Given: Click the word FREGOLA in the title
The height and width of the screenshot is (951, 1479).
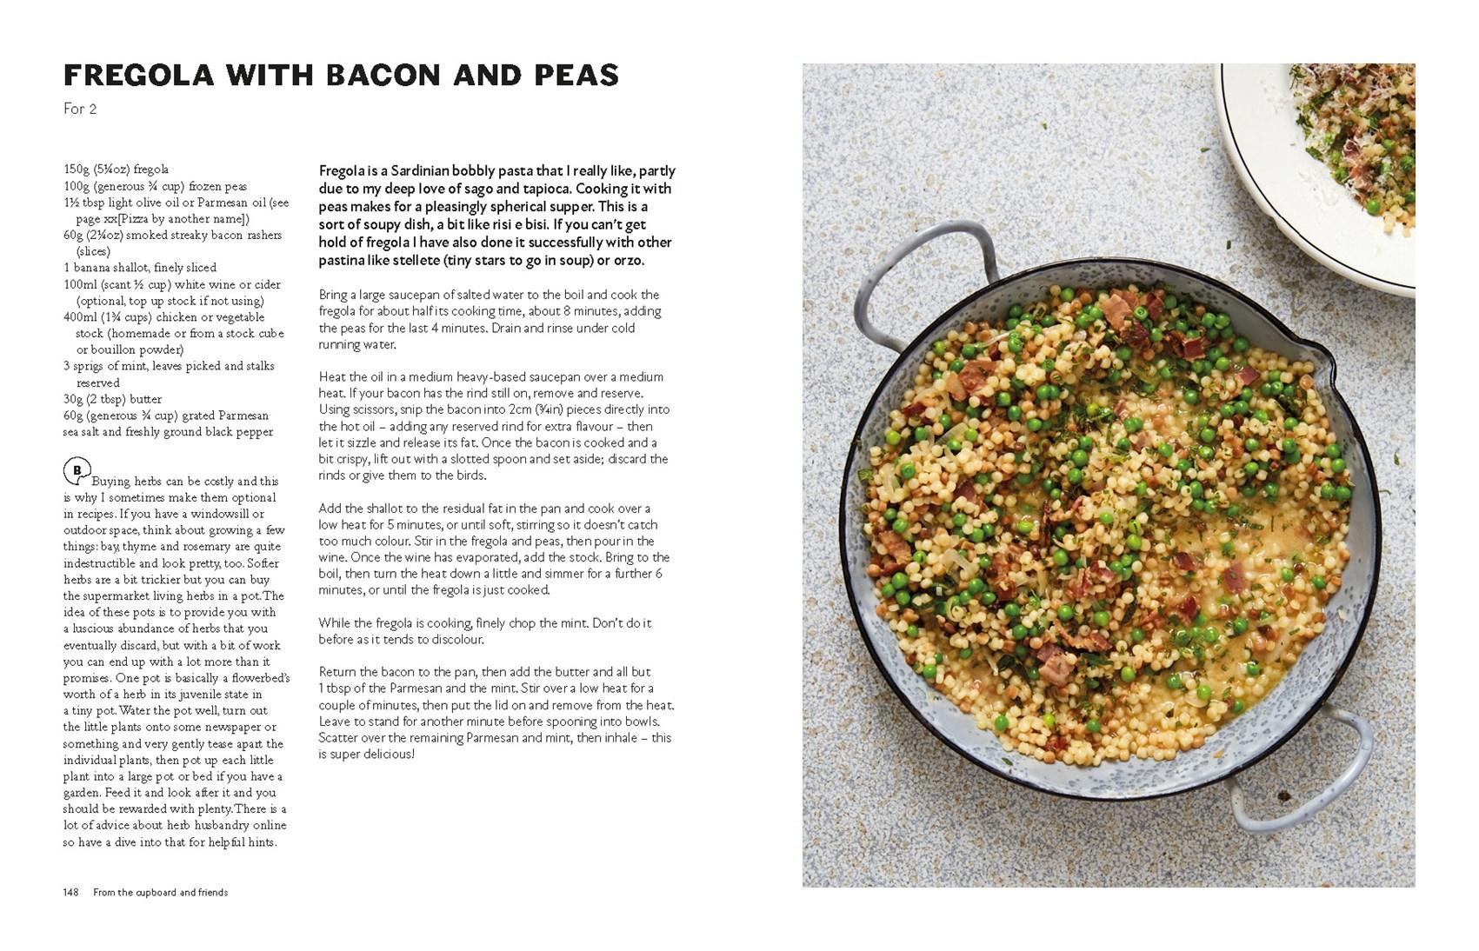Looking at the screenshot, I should [x=138, y=76].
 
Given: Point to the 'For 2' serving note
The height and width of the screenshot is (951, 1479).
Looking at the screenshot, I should [x=80, y=109].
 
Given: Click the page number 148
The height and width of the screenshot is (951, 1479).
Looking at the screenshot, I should [x=70, y=892].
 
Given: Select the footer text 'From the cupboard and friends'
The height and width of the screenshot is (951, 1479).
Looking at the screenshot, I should [x=161, y=892].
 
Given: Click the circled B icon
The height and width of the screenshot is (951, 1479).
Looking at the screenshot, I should [x=77, y=471].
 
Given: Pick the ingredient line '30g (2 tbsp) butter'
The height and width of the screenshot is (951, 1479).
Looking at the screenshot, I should [x=113, y=399].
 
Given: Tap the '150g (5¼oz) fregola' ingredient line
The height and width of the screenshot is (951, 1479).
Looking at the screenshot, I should [x=116, y=170].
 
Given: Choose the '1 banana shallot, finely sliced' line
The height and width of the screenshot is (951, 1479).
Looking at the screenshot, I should [x=140, y=268].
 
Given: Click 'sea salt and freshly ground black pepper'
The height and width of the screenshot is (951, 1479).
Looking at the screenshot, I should [x=168, y=432].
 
